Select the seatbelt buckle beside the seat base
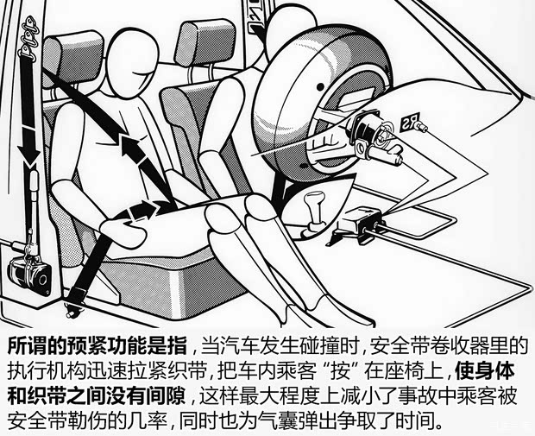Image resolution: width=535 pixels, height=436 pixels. pos(76,290)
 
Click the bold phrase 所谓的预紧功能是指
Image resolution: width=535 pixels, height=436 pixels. pos(97,347)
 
